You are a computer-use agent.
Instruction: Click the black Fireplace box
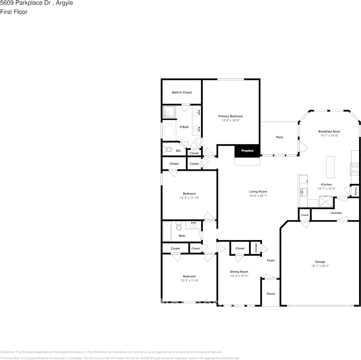(x=247, y=151)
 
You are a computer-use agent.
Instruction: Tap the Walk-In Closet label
(x=181, y=93)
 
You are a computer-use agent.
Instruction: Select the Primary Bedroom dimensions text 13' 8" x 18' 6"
(x=231, y=120)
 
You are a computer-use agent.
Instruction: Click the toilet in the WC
(x=167, y=149)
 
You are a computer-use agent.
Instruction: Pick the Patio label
(x=279, y=137)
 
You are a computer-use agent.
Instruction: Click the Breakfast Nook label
(x=329, y=131)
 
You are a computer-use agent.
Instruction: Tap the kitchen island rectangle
(x=331, y=167)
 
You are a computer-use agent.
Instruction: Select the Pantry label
(x=356, y=190)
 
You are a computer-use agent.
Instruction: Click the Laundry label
(x=336, y=213)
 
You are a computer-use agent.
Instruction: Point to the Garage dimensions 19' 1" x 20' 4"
(x=320, y=266)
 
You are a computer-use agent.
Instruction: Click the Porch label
(x=271, y=294)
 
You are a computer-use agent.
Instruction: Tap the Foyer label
(x=271, y=260)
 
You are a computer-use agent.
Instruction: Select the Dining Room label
(x=239, y=272)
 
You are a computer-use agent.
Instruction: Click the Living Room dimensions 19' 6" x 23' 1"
(x=258, y=196)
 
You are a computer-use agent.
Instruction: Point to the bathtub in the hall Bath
(x=167, y=231)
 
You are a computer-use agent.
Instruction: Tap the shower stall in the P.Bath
(x=169, y=112)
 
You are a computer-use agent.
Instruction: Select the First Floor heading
(x=14, y=12)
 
